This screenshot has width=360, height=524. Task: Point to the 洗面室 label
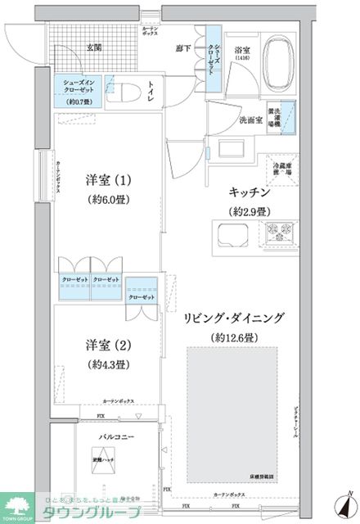pyautogui.click(x=250, y=120)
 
